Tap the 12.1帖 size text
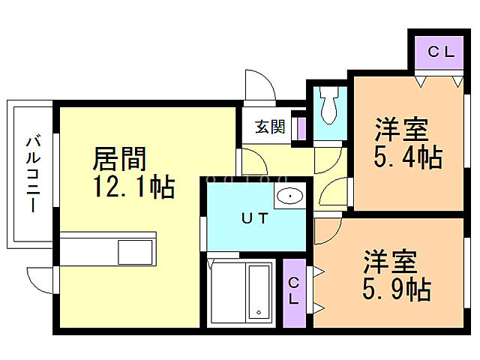(133, 186)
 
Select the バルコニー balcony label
(32, 173)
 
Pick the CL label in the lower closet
(294, 292)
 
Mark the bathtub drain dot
(257, 312)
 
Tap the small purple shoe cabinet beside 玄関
(303, 126)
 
